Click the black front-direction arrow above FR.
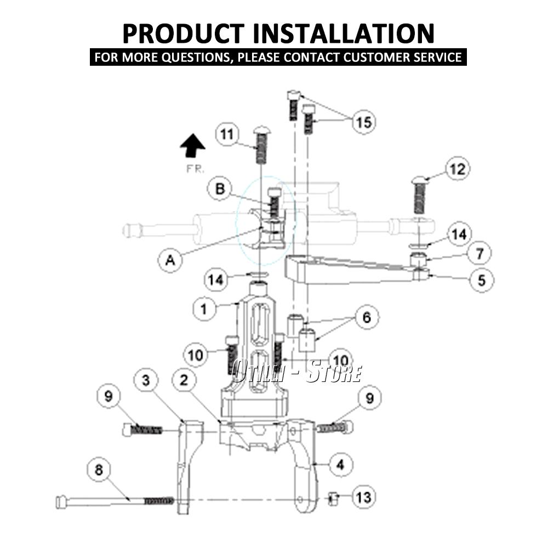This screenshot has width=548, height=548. [x=192, y=147]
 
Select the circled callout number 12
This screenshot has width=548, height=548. [x=457, y=169]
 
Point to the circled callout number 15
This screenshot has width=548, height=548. [x=363, y=122]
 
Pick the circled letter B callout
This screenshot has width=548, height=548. [x=220, y=189]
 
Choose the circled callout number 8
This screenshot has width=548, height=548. [x=99, y=470]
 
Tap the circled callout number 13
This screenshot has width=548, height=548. [x=363, y=497]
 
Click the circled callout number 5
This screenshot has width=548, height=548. [x=481, y=280]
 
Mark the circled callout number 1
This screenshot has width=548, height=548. [x=204, y=309]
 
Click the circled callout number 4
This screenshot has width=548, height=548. [x=340, y=465]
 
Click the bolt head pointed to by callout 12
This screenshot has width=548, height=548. [x=420, y=180]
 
